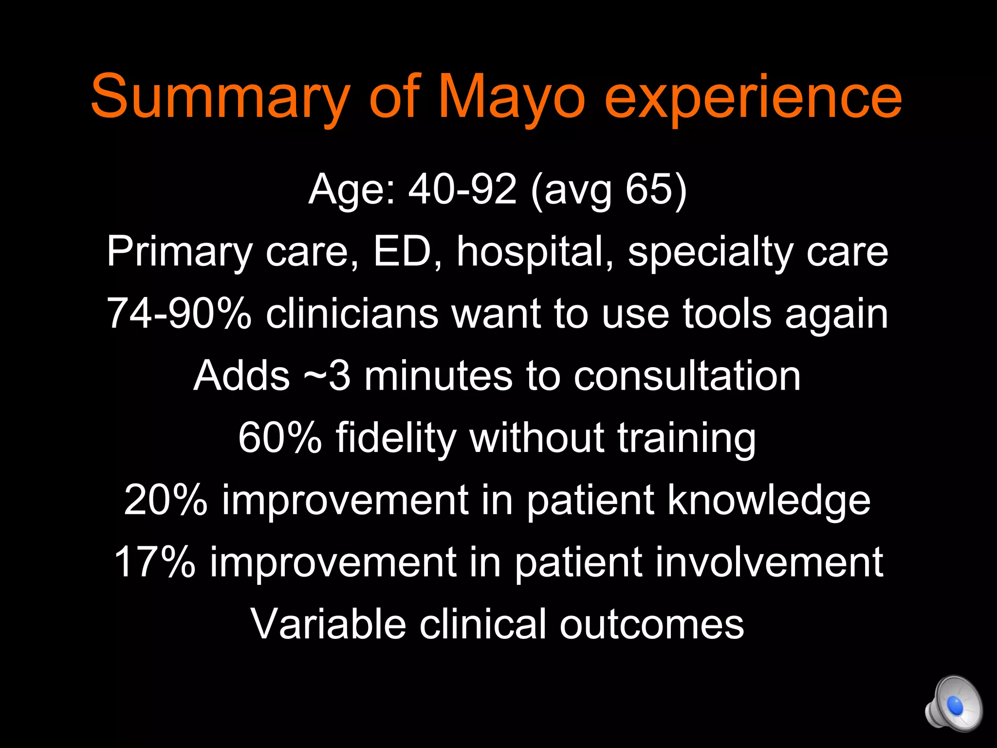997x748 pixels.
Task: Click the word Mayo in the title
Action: point(511,97)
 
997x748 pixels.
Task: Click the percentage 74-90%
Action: point(179,314)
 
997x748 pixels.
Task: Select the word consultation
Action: point(687,376)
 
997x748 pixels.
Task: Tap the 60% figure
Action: point(280,438)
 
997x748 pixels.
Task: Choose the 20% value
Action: point(166,500)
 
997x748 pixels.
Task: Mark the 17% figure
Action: point(154,562)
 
